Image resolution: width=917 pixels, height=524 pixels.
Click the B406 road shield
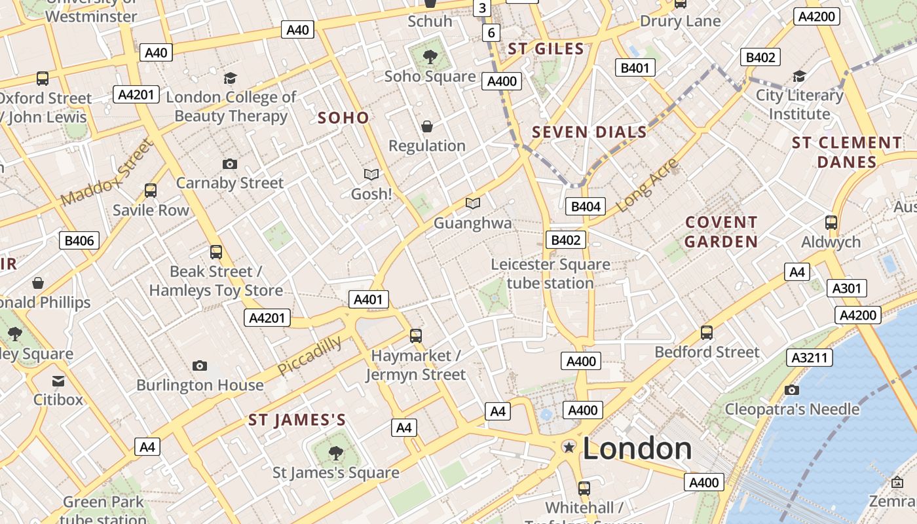79,240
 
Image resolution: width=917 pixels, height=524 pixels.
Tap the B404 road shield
586,207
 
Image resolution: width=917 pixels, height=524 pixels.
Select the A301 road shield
846,288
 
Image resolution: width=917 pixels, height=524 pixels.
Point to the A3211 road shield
810,358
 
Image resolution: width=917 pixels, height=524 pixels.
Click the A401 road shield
368,300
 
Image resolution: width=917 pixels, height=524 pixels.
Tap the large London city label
637,449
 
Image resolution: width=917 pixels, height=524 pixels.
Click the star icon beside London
569,447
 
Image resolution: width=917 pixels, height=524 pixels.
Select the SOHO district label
343,119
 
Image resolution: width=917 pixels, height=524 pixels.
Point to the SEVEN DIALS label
589,132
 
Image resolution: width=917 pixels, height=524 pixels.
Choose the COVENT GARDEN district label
721,232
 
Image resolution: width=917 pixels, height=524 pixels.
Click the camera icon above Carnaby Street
229,164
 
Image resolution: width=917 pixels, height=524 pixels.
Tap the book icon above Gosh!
371,174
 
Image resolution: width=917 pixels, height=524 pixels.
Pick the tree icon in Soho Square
430,57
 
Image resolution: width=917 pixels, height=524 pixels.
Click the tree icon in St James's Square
335,452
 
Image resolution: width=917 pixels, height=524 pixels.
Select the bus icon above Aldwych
831,222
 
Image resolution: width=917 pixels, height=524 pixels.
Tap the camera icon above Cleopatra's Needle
791,390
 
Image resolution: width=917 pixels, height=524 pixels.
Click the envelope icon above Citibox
58,381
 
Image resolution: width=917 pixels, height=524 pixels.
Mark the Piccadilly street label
310,356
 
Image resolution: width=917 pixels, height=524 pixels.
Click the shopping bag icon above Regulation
427,126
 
